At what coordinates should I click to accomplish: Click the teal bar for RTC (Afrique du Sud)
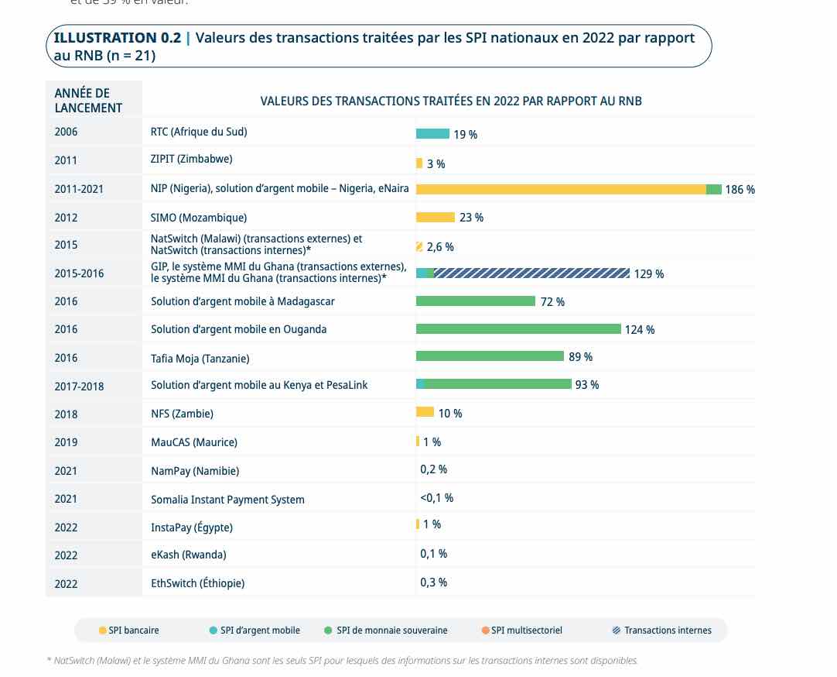point(432,134)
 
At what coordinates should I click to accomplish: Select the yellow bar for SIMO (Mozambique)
point(435,218)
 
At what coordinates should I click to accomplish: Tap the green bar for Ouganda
point(518,329)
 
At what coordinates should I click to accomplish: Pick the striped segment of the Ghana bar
point(531,273)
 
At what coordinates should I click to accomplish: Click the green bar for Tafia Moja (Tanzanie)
point(490,356)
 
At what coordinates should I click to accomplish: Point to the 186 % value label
point(740,190)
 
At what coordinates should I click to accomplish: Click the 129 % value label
point(648,274)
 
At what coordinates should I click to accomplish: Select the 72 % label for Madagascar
point(552,302)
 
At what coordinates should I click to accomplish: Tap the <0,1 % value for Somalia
point(436,498)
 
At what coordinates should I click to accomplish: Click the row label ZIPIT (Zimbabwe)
point(191,160)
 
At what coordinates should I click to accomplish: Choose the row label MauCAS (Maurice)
point(194,442)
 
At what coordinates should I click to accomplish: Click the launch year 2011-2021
point(79,189)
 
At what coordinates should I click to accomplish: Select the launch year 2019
point(66,442)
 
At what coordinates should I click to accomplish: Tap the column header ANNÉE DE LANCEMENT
point(88,101)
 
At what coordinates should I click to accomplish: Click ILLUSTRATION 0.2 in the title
point(116,38)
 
